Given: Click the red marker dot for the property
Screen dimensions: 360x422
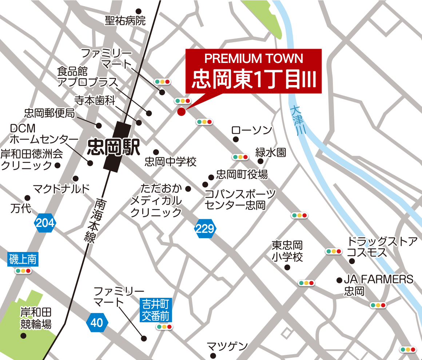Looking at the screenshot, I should click(x=181, y=112).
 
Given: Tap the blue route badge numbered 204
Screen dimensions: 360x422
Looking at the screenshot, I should click(x=45, y=223).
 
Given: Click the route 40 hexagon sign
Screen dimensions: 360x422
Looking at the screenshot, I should click(x=97, y=323).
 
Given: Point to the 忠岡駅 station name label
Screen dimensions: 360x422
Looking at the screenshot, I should click(x=114, y=148).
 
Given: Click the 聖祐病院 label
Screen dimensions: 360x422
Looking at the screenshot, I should click(x=125, y=21).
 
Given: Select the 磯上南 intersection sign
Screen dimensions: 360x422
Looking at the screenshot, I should click(x=23, y=260).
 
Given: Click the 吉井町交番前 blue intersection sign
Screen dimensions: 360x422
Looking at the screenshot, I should click(x=156, y=309).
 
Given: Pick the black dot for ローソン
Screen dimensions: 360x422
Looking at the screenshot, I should click(x=236, y=139).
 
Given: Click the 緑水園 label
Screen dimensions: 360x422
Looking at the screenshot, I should click(x=271, y=152).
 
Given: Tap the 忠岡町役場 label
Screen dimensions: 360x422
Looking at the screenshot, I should click(x=242, y=175).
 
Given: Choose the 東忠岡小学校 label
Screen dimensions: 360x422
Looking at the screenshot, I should click(x=287, y=251).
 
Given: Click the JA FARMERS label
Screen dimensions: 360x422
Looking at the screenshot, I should click(x=378, y=279).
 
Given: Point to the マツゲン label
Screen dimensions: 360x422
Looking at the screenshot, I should click(x=227, y=346).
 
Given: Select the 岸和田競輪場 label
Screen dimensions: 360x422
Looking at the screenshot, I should click(x=36, y=318).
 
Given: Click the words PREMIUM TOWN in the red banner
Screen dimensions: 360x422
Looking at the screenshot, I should click(x=254, y=58).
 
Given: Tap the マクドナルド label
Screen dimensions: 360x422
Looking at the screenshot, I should click(x=61, y=189).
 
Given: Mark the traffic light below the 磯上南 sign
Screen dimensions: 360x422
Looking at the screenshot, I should click(x=23, y=271).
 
